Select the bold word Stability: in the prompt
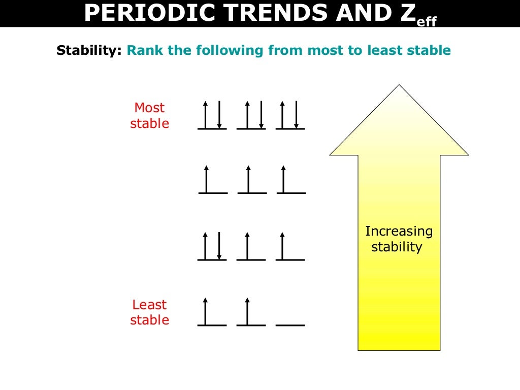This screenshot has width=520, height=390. (89, 51)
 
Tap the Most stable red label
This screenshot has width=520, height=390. (150, 116)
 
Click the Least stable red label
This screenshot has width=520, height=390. (150, 312)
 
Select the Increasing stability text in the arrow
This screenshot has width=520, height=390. (399, 239)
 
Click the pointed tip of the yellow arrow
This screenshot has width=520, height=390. (399, 86)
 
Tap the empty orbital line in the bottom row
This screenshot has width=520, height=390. (290, 324)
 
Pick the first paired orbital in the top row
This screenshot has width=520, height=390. (212, 116)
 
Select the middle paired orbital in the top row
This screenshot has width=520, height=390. (251, 116)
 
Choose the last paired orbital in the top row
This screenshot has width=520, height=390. (290, 116)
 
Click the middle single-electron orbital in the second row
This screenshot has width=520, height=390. (251, 180)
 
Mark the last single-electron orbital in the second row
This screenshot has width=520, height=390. (290, 180)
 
